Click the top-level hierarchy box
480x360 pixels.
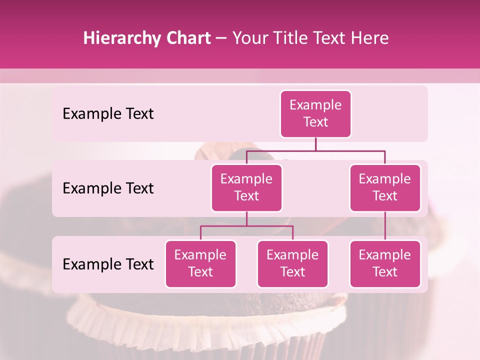315,114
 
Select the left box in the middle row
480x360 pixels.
246,187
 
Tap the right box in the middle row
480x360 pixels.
385,187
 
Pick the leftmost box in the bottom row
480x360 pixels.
200,263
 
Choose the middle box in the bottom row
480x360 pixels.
292,263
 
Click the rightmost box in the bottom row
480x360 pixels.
385,263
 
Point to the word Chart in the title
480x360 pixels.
186,38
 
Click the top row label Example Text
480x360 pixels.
108,114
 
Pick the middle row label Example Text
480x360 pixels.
108,188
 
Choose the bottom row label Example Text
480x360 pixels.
108,264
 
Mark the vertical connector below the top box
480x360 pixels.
315,144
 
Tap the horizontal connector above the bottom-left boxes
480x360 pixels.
246,226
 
